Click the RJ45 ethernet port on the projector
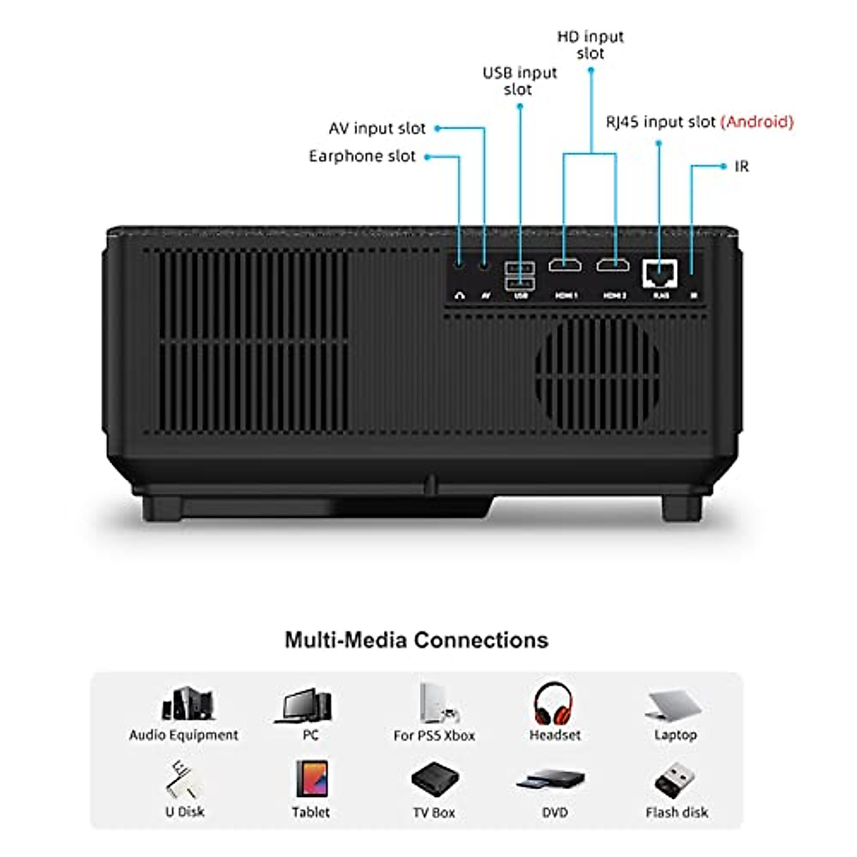(659, 272)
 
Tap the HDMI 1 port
(564, 266)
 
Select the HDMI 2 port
(613, 266)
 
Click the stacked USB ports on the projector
(519, 275)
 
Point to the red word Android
(757, 122)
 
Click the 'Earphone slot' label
(362, 156)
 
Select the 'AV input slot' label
(377, 129)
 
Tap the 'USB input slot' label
(519, 81)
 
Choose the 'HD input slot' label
(591, 44)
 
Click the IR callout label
(742, 166)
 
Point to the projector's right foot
(681, 508)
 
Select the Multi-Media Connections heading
(416, 640)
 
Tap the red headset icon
(553, 703)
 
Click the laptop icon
(674, 705)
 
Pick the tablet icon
(311, 778)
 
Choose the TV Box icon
(433, 780)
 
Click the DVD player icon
(551, 780)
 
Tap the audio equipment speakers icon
(187, 703)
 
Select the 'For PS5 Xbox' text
(434, 736)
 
